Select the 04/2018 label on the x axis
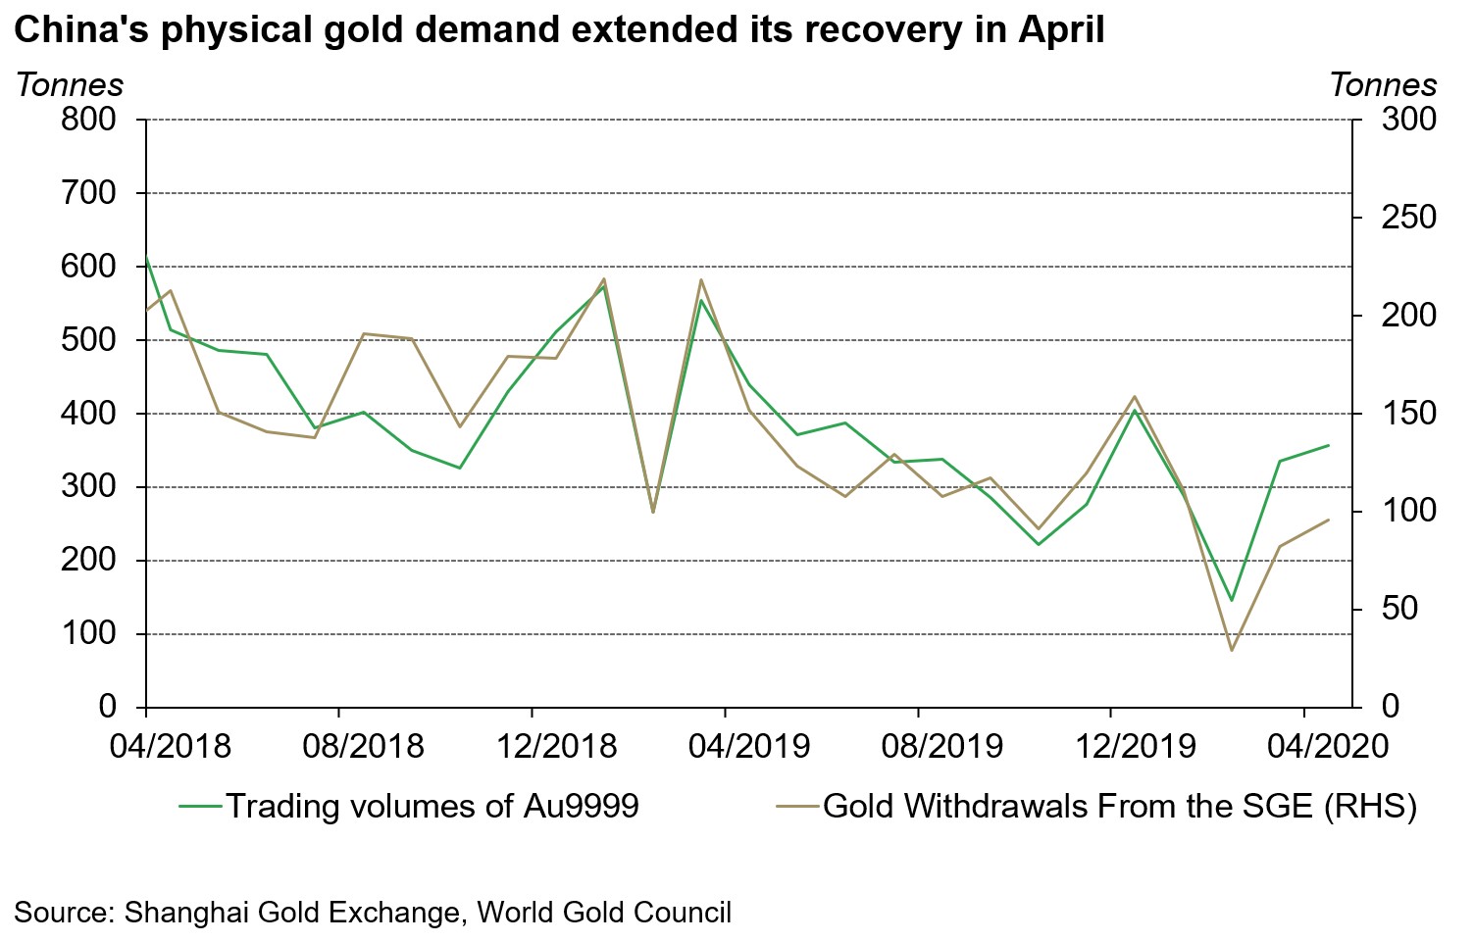point(171,746)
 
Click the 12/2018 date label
point(556,746)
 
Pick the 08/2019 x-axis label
point(942,746)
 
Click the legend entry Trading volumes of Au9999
point(432,806)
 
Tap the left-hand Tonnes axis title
point(70,85)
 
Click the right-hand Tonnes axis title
point(1383,85)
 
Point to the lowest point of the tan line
point(1231,651)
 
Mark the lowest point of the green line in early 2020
point(1231,600)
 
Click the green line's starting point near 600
point(146,259)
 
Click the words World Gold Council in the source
point(604,913)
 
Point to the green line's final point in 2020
point(1329,445)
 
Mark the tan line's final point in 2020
point(1329,520)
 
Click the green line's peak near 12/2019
point(1134,410)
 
